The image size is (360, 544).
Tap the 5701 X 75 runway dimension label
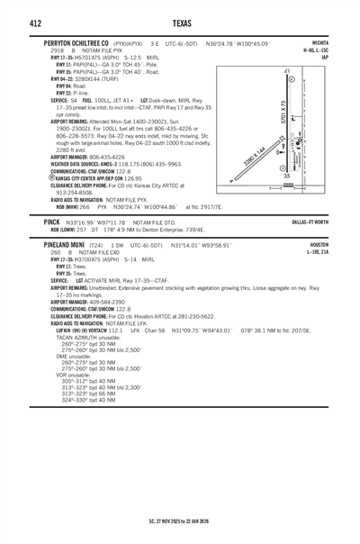(x=284, y=113)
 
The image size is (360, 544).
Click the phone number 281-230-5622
(x=193, y=316)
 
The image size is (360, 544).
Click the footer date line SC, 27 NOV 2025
(x=180, y=521)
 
